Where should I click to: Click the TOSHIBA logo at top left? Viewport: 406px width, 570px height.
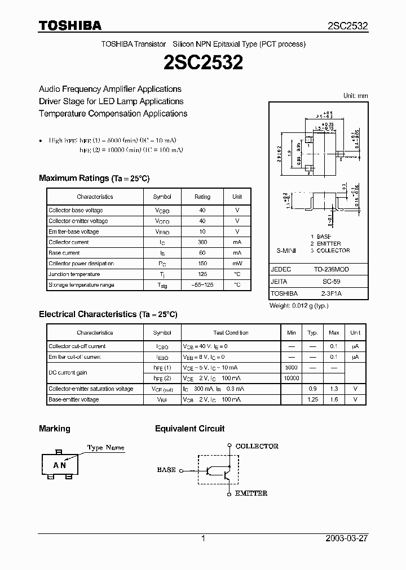pos(70,25)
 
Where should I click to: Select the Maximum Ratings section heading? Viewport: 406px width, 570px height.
pos(94,178)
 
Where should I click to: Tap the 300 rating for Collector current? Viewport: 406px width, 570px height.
pos(202,242)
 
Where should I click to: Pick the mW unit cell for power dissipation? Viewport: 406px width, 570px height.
pos(237,264)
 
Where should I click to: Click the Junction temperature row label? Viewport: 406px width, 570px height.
pos(74,274)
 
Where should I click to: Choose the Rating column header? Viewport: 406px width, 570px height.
pos(202,197)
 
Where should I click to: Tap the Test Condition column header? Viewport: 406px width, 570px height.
pos(231,333)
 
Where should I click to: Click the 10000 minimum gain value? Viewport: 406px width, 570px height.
pos(292,378)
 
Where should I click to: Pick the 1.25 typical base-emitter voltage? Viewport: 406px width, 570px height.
pos(312,399)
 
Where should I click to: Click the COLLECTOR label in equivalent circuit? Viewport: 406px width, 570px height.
pos(257,446)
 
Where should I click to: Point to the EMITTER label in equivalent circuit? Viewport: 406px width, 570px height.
pos(251,493)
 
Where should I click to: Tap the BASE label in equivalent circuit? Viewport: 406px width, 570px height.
pos(166,469)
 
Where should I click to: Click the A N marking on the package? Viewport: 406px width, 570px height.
pos(60,465)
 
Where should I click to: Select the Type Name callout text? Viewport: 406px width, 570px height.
pos(105,448)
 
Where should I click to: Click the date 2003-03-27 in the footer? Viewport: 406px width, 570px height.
pos(347,538)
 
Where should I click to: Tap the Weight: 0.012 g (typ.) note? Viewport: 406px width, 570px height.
pos(299,306)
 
